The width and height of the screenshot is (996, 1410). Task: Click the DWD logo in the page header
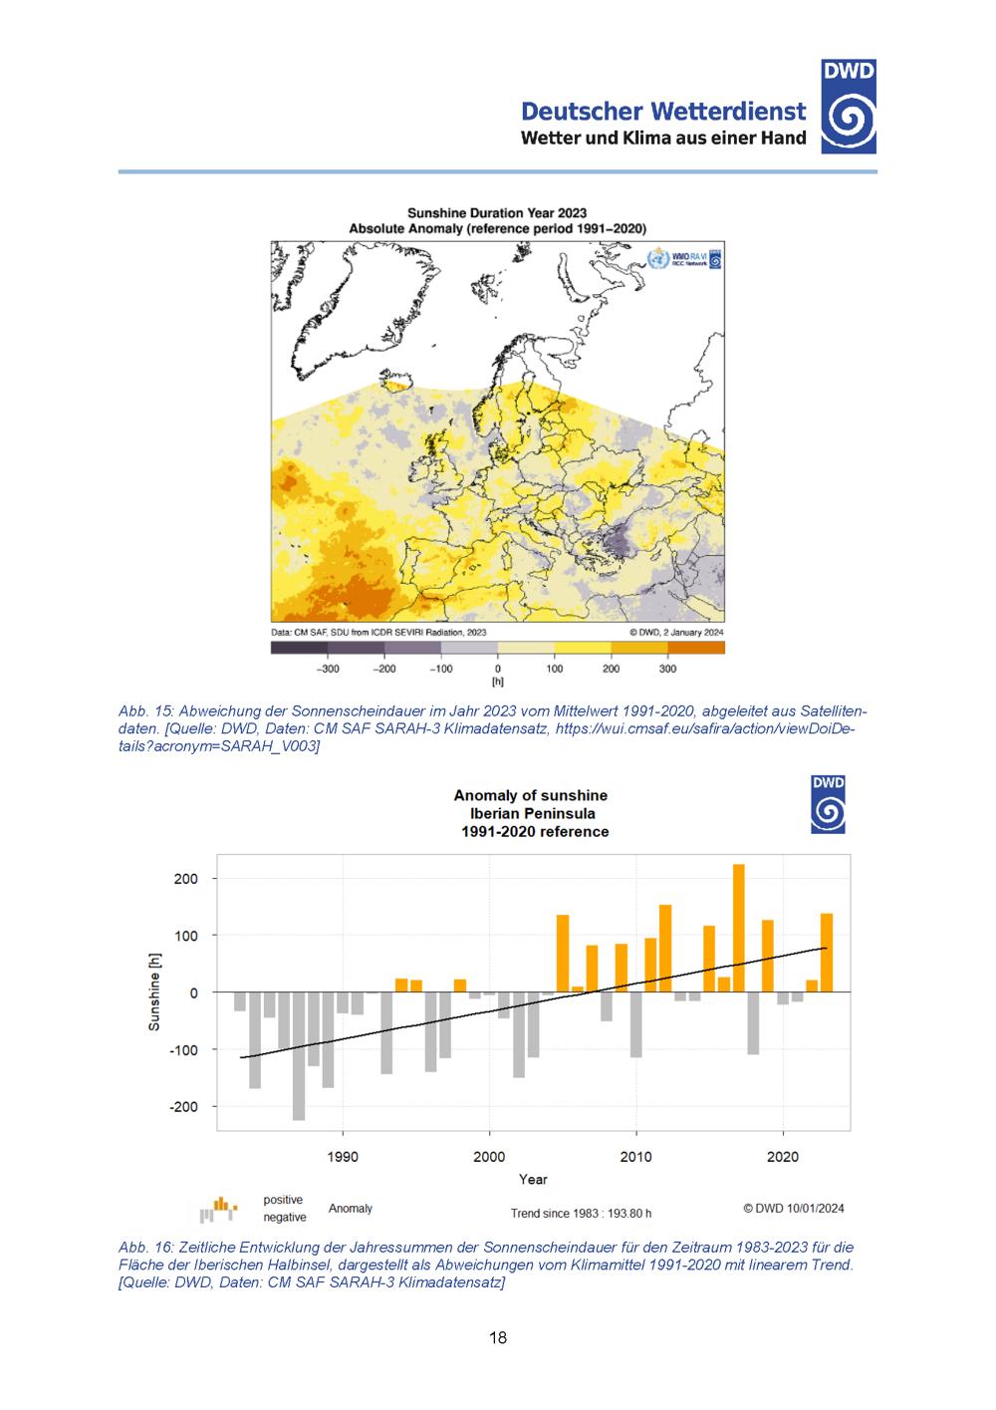click(x=849, y=107)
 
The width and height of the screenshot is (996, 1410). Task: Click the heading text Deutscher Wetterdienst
click(x=663, y=111)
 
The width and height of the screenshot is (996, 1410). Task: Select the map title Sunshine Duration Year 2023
click(x=497, y=212)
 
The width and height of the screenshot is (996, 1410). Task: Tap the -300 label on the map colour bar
click(x=327, y=669)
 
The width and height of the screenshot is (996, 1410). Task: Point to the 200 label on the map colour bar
click(x=611, y=669)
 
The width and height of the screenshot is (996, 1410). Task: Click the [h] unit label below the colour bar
click(x=497, y=683)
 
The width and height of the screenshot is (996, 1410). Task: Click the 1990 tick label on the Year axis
click(x=343, y=1157)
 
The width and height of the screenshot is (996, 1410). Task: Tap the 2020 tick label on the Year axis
click(x=783, y=1157)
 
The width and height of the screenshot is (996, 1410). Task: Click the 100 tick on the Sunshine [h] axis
click(x=186, y=936)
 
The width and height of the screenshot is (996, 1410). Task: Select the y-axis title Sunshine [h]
click(x=154, y=991)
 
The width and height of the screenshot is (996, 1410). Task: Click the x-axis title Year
click(x=533, y=1180)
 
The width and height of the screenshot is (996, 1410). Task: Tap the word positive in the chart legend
click(x=283, y=1200)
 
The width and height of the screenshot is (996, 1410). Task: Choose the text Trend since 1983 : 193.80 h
click(x=581, y=1214)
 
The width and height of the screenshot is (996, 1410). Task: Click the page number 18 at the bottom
click(x=498, y=1337)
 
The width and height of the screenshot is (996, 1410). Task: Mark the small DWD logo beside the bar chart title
click(x=829, y=805)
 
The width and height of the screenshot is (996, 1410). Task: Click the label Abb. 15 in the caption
click(x=146, y=711)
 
